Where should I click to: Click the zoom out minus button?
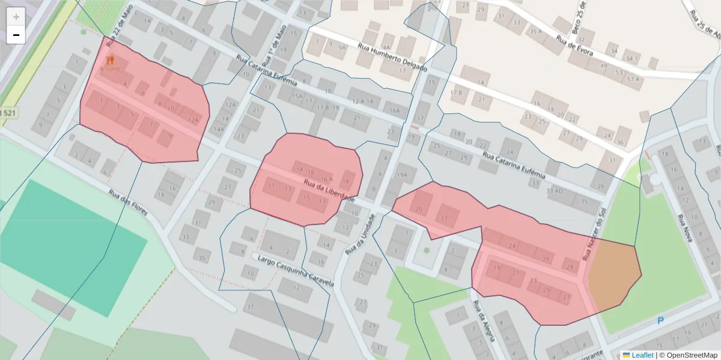[16, 35]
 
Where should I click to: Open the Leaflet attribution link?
[642, 355]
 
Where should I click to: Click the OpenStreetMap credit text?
[689, 355]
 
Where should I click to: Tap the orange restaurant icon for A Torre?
[110, 61]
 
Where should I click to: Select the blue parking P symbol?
[660, 321]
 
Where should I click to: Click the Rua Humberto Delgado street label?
[392, 58]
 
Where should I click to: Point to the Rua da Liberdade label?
[329, 191]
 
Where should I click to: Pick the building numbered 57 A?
[632, 79]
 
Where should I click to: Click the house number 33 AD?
[555, 191]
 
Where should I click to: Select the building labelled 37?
[249, 307]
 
